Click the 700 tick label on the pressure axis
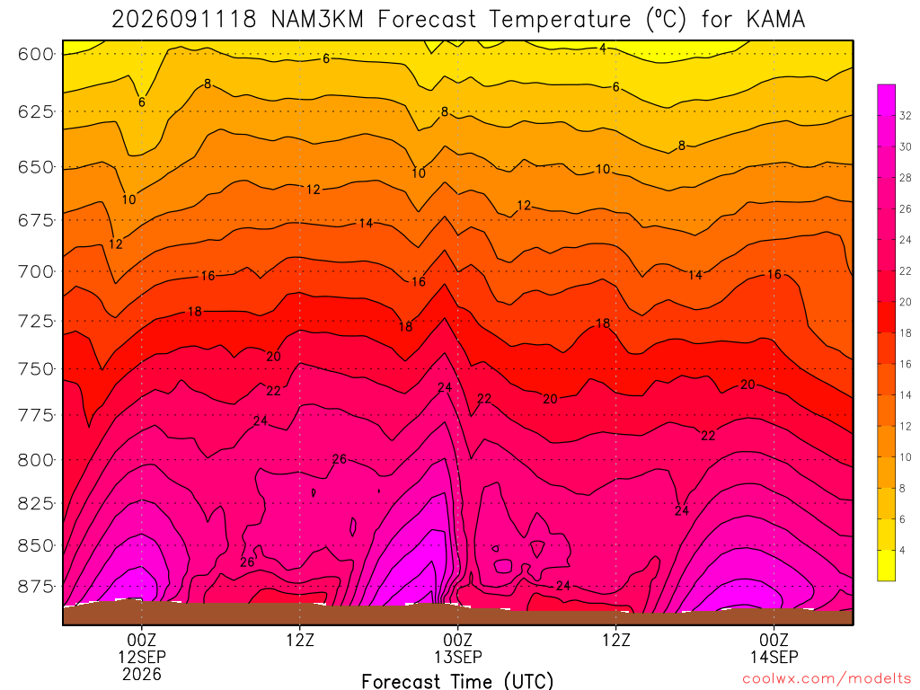point(36,271)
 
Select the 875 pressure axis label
point(36,587)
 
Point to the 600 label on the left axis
point(36,55)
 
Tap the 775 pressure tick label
point(36,416)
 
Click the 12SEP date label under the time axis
point(142,657)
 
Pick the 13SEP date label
point(457,657)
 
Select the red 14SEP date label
point(774,657)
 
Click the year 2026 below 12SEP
point(142,675)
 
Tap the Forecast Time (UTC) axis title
point(457,681)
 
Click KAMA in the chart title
point(775,20)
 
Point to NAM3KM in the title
point(317,20)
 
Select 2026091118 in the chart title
point(184,20)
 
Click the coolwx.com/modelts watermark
point(827,679)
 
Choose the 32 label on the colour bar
point(906,116)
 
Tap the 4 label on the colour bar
point(902,551)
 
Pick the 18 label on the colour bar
point(906,332)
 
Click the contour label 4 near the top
point(603,49)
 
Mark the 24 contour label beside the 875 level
point(563,586)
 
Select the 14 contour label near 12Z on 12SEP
point(367,223)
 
